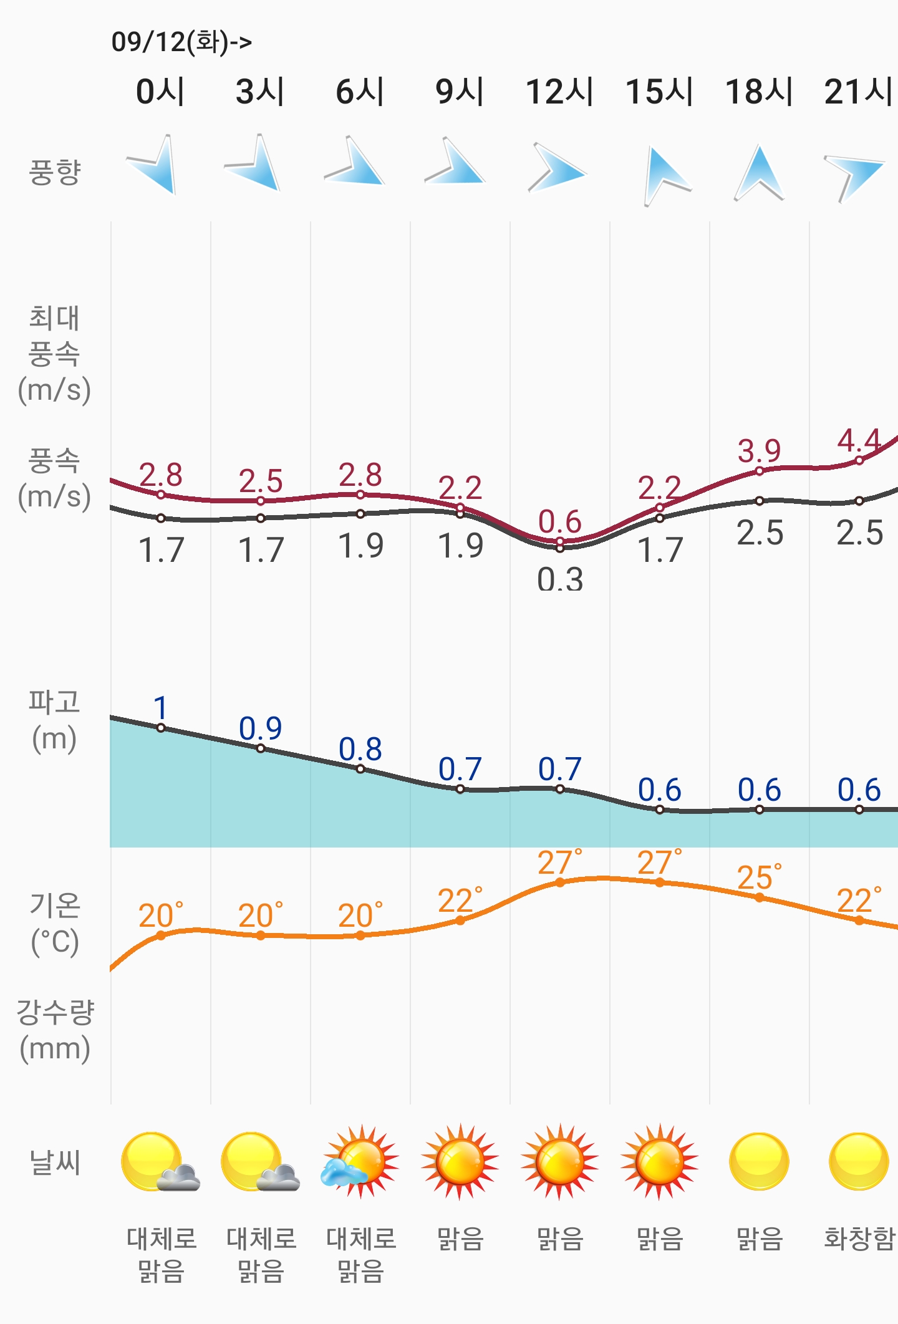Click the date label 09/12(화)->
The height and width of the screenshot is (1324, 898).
[x=181, y=42]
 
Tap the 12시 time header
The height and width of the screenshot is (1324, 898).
[x=559, y=92]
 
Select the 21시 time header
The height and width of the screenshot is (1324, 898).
[x=858, y=92]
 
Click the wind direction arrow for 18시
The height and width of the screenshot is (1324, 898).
[x=759, y=173]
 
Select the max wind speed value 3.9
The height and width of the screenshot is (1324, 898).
[x=759, y=450]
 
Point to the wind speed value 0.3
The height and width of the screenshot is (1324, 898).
[x=560, y=579]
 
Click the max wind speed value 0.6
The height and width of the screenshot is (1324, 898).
[x=559, y=521]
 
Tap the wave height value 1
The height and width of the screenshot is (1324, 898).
[x=160, y=708]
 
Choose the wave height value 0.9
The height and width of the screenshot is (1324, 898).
[x=260, y=728]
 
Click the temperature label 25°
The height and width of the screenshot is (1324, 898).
[x=759, y=877]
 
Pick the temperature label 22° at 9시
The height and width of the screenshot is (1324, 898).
[x=460, y=901]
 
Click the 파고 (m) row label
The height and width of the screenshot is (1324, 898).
[x=54, y=720]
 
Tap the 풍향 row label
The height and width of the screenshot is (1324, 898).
[x=55, y=172]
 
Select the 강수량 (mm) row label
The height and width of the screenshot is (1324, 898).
[x=55, y=1030]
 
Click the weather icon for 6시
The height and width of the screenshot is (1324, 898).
[x=360, y=1162]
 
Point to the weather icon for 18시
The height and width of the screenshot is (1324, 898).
[x=759, y=1162]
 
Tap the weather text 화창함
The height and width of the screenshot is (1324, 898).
[x=859, y=1239]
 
